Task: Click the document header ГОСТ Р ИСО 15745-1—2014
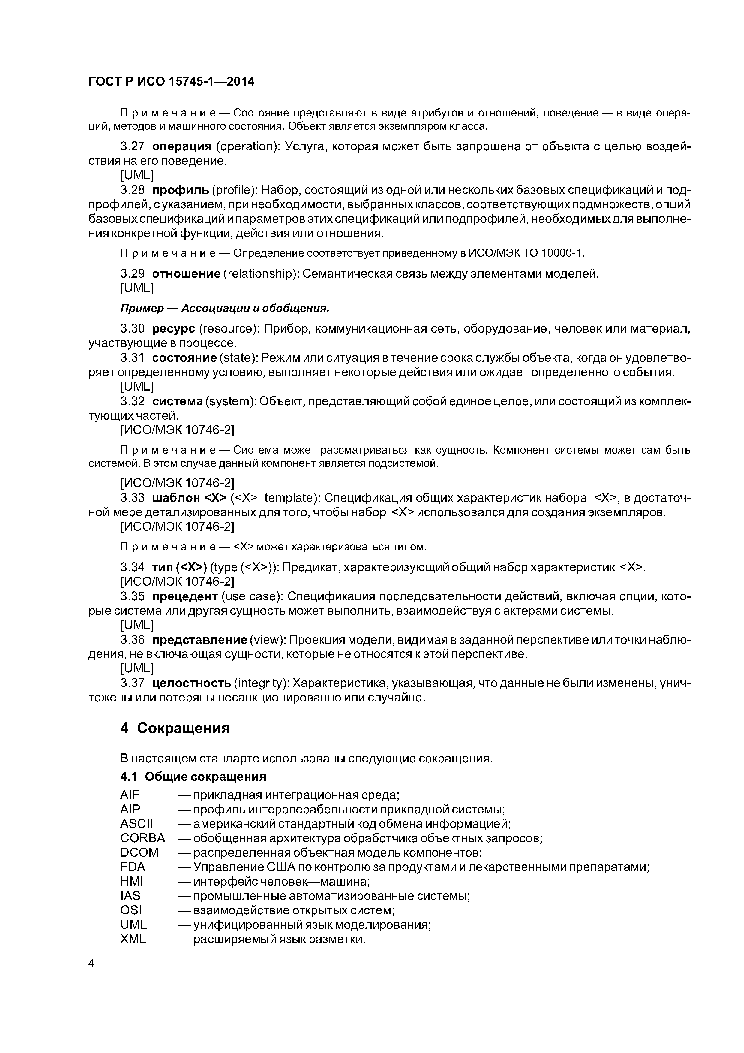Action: [x=171, y=82]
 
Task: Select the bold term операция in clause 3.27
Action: [x=181, y=147]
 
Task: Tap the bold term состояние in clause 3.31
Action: [x=184, y=358]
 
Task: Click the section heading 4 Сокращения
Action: [x=175, y=728]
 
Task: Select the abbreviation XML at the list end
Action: [x=133, y=926]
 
